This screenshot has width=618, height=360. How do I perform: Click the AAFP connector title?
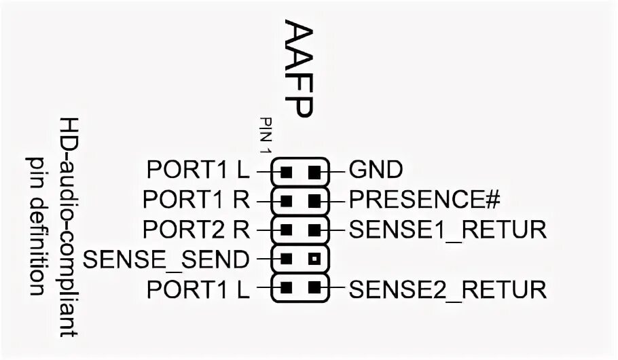point(297,69)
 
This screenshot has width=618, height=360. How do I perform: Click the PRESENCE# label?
point(424,200)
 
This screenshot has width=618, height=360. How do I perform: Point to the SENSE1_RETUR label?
point(448,230)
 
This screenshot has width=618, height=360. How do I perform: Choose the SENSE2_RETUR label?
point(448,290)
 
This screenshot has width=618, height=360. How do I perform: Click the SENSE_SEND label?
point(165,259)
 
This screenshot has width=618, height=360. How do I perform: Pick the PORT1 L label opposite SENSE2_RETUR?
point(198,290)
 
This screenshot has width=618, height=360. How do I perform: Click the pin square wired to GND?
point(313,170)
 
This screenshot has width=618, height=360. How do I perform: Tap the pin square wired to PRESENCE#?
point(313,200)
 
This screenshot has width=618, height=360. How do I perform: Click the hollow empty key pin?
point(313,259)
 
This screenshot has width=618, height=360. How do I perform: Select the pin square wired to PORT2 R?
point(287,230)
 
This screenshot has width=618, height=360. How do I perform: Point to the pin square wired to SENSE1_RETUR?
point(313,230)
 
